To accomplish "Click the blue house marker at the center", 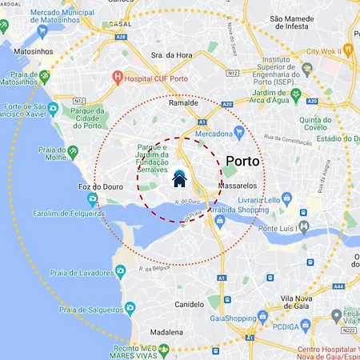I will coord(180,178).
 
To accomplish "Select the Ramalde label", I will coord(183,103).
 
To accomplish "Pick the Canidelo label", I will coord(190,305).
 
